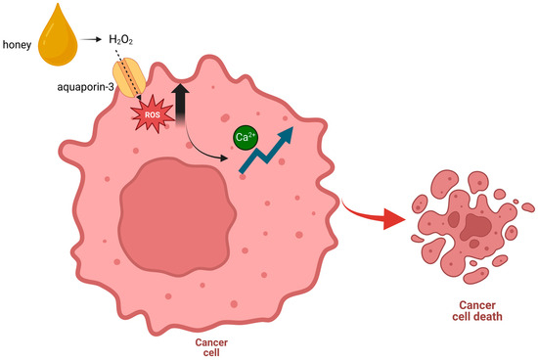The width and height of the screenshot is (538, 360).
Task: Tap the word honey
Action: pos(19,41)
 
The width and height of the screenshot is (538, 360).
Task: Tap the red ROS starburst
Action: pos(149,112)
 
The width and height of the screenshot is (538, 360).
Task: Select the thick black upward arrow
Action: pos(180,100)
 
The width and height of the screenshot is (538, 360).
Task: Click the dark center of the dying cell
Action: pos(475,228)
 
